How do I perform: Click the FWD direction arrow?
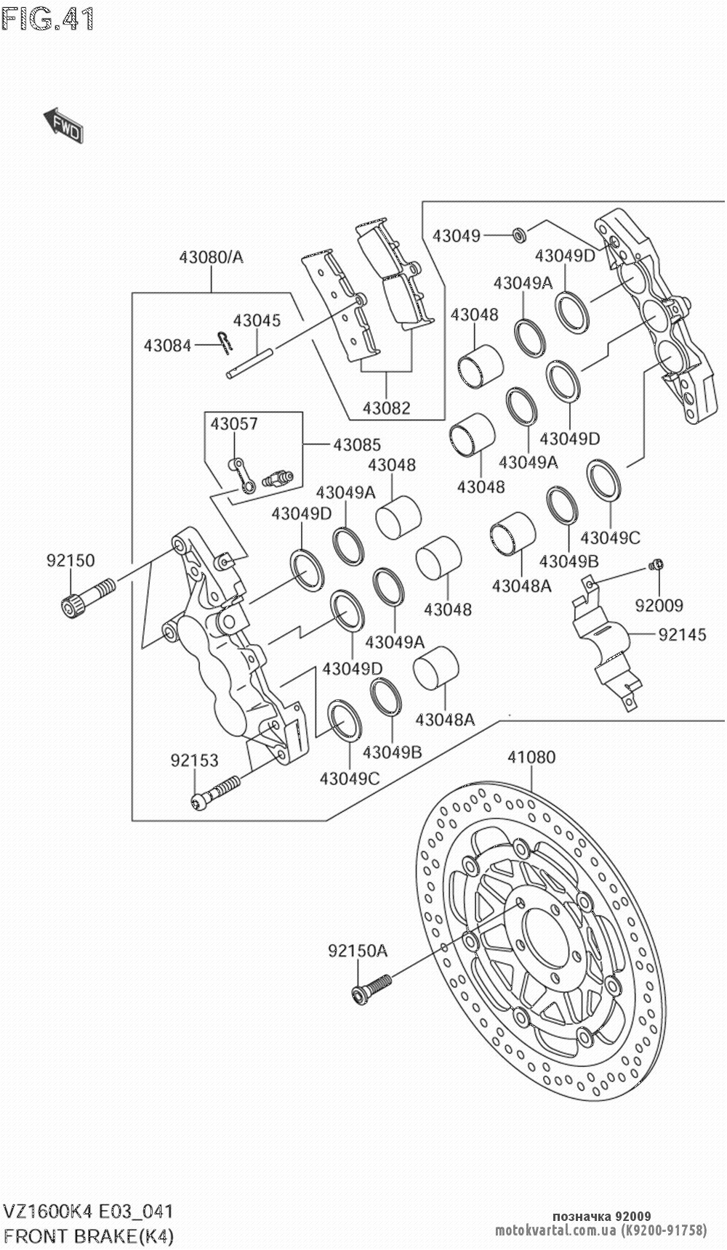[x=63, y=125]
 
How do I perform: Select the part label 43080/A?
[x=212, y=256]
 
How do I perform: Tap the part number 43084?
[x=167, y=345]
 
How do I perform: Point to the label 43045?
[x=257, y=320]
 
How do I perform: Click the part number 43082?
[x=387, y=408]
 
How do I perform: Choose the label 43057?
[x=234, y=423]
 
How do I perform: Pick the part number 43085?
[x=357, y=445]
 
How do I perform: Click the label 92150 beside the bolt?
[x=71, y=561]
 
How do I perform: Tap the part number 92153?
[x=194, y=760]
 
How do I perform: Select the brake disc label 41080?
[x=531, y=758]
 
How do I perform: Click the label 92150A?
[x=358, y=950]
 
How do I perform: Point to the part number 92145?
[x=683, y=634]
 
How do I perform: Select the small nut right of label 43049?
[x=519, y=235]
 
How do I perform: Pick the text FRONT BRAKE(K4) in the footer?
[x=89, y=1235]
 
